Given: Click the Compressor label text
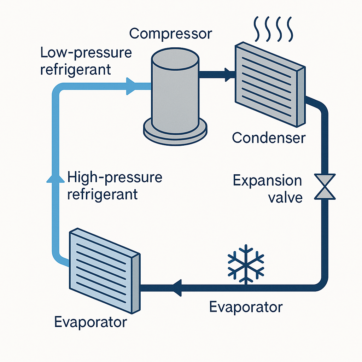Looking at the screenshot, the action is point(171,34).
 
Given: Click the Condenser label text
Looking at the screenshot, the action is point(269,138).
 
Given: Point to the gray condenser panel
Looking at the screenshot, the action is point(270,84).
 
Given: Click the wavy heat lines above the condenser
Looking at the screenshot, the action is point(273,29).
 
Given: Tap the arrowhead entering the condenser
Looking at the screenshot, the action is point(229,75).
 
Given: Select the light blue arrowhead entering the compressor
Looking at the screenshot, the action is point(131,86).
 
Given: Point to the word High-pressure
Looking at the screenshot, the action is point(115,178).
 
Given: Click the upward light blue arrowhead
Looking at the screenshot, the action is point(56,179).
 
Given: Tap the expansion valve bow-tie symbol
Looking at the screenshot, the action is point(325,187).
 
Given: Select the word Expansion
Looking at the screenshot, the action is point(267,181).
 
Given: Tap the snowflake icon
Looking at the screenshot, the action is point(246,264).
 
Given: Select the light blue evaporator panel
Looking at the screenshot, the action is point(105,271).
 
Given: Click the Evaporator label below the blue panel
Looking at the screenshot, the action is point(90,322).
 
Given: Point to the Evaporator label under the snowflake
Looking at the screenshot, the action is point(246,307).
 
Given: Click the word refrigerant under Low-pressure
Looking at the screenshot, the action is point(76,70).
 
